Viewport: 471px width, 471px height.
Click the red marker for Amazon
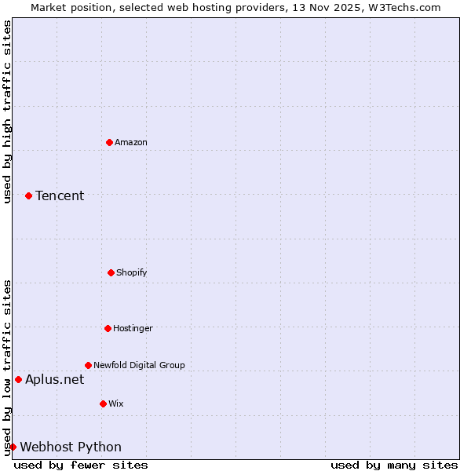pos(109,142)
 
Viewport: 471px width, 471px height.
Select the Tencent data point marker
pos(28,195)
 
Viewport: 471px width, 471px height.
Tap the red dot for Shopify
pos(111,272)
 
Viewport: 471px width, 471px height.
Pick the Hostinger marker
pos(108,328)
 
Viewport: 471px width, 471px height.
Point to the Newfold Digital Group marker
pos(88,365)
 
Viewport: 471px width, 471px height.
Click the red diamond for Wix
pos(103,403)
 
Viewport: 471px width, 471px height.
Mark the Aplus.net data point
pos(18,379)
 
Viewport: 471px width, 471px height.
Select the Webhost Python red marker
pos(13,447)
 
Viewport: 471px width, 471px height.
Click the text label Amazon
pos(131,142)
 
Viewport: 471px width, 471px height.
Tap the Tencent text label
pos(60,195)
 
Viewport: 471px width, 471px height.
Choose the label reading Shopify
pos(132,272)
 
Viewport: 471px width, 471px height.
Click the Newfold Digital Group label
pos(140,365)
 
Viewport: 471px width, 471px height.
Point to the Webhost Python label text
pos(71,447)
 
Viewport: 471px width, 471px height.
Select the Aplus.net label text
pos(54,379)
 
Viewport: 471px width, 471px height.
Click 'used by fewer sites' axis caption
pos(81,465)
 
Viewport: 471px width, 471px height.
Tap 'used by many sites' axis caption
pos(394,465)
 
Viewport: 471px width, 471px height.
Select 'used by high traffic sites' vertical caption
pos(7,112)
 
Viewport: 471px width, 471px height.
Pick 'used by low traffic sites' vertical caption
pos(7,367)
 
